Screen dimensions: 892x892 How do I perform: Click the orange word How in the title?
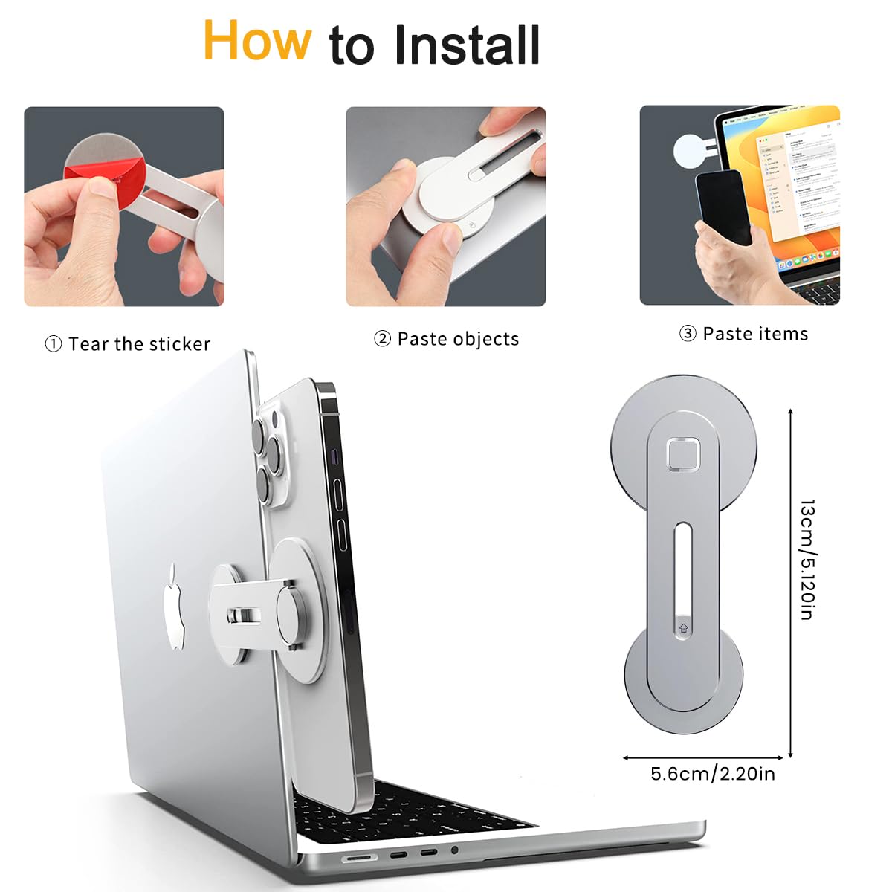[x=257, y=41]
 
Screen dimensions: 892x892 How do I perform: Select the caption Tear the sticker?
[x=139, y=344]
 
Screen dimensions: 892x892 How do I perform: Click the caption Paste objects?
[x=458, y=339]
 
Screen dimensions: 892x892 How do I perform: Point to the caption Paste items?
[x=755, y=334]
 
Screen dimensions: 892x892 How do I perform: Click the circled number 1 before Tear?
[x=53, y=344]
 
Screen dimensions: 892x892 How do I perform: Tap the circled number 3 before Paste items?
[x=688, y=334]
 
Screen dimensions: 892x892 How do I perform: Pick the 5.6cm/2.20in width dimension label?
[x=712, y=774]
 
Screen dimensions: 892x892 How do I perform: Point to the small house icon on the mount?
[x=683, y=627]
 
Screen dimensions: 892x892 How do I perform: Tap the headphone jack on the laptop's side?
[x=454, y=850]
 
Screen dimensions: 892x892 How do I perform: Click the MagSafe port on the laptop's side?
[x=359, y=858]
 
